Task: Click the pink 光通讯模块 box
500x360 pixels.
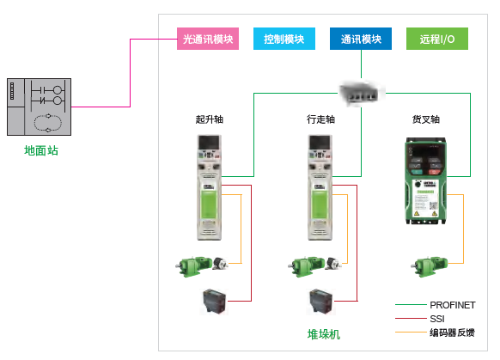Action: (x=207, y=40)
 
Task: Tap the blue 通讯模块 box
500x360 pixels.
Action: (x=361, y=40)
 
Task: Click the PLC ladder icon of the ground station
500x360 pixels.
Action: (x=38, y=107)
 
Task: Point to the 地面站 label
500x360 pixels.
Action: (x=41, y=151)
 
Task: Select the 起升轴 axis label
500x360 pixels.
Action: (x=210, y=119)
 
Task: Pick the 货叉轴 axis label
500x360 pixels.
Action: (x=426, y=119)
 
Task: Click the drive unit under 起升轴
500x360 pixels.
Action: (x=210, y=186)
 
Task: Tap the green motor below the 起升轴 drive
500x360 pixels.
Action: (x=195, y=265)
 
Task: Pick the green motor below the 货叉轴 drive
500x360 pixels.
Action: (x=425, y=265)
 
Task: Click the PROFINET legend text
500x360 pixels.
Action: (x=452, y=305)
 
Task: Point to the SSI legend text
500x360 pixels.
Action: (x=437, y=319)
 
